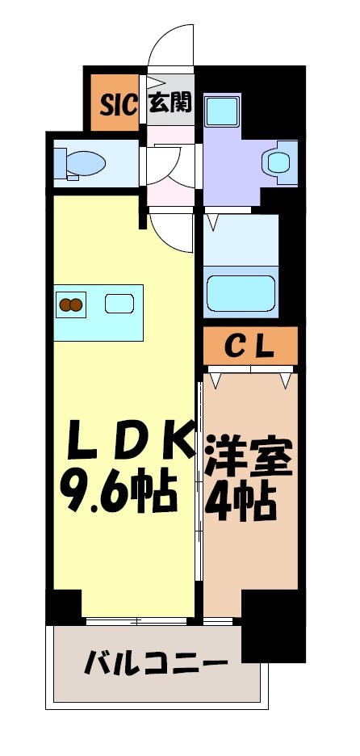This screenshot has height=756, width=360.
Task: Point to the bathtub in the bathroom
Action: tap(241, 292)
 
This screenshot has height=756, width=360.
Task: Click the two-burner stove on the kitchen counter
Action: tap(71, 304)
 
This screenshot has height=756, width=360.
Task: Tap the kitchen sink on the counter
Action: tap(119, 304)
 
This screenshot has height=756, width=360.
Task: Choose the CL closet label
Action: tap(249, 347)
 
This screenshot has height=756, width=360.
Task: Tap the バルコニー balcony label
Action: tap(154, 666)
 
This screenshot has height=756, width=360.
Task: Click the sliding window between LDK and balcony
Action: tap(138, 621)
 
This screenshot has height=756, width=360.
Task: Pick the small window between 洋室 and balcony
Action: tap(218, 621)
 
